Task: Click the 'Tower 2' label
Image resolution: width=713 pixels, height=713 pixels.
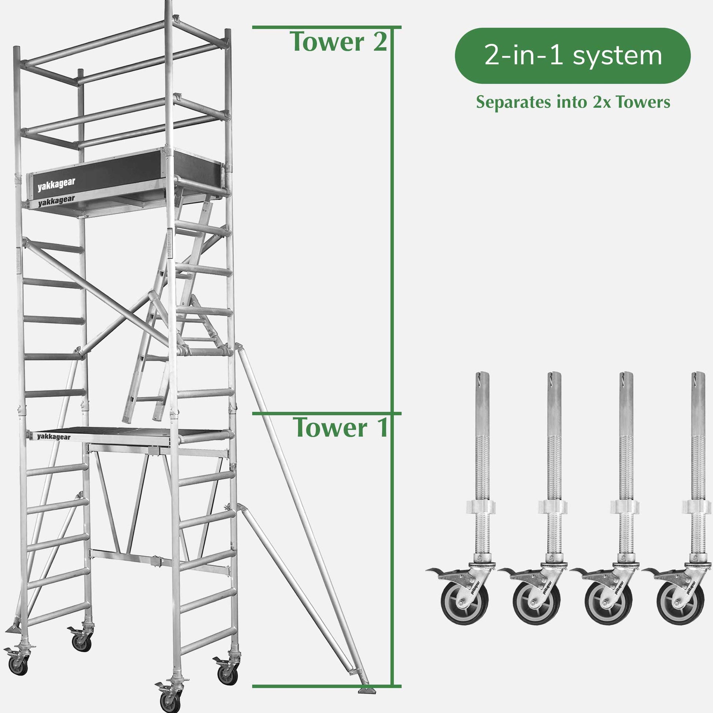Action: (x=339, y=42)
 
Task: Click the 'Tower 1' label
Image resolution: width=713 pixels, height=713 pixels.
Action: (x=340, y=428)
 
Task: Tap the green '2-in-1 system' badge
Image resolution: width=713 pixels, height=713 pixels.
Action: (x=572, y=56)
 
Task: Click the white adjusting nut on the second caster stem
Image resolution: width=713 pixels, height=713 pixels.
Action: (x=553, y=507)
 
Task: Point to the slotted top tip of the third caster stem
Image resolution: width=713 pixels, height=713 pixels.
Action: (x=626, y=377)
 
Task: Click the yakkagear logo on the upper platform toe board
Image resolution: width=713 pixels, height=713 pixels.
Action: (x=56, y=185)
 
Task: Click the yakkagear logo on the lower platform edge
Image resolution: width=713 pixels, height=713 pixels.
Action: (x=53, y=437)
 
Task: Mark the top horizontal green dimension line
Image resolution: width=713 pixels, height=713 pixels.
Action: (x=326, y=27)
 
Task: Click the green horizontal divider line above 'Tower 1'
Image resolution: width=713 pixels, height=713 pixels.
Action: (x=326, y=414)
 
